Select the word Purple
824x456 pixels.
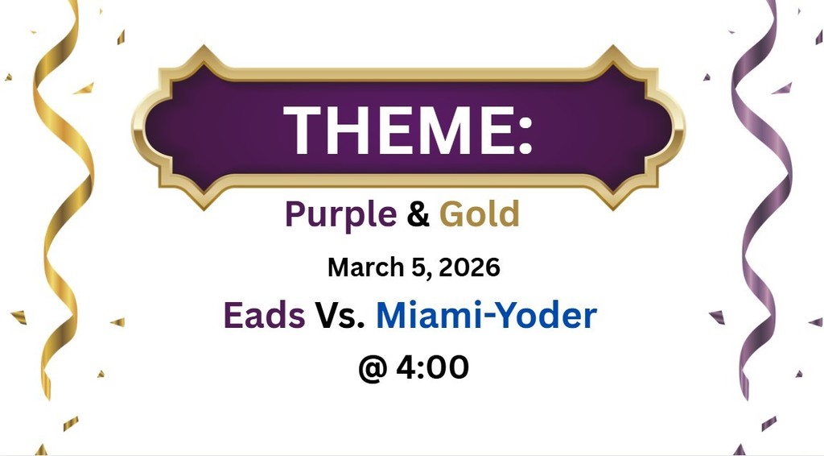[340, 215]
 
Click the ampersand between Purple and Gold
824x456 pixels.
[418, 215]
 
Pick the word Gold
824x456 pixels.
[480, 215]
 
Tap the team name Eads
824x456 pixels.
[264, 316]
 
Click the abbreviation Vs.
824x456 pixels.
[340, 316]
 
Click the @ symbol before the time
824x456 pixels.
[373, 368]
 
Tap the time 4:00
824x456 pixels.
[432, 368]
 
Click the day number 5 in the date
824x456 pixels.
[422, 267]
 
